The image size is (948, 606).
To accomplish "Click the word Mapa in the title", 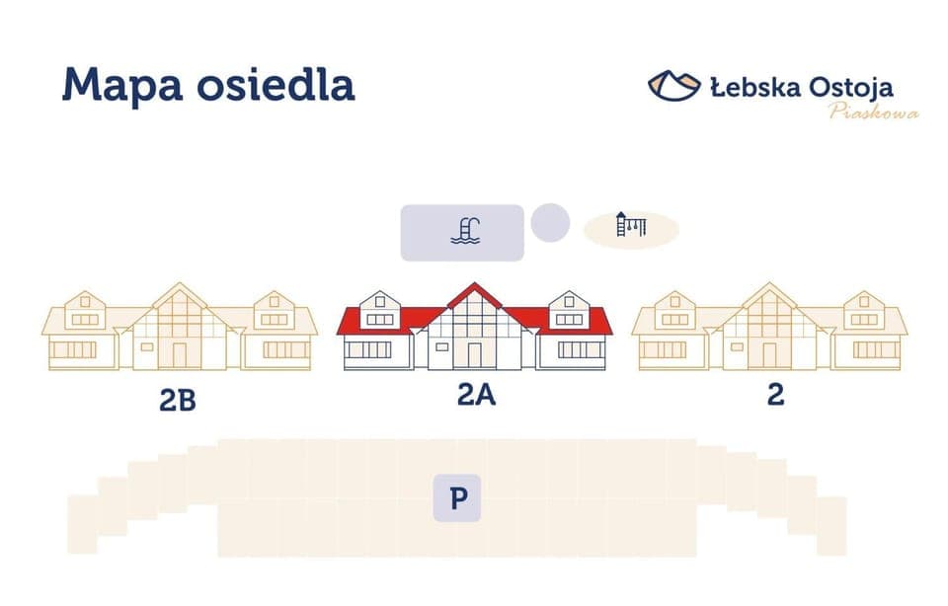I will click(x=119, y=86).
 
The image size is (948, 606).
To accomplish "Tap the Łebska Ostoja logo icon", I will click(x=674, y=85).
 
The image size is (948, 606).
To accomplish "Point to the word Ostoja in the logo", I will click(x=851, y=87).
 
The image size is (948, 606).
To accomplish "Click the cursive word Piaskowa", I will click(x=874, y=112).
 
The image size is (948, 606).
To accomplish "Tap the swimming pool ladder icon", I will click(x=465, y=230).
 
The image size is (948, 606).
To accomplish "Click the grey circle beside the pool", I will click(x=550, y=221).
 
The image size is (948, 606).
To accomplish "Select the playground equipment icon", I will click(x=631, y=225).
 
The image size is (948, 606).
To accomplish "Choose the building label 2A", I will click(x=476, y=395).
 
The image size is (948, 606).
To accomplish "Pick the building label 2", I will click(x=776, y=395).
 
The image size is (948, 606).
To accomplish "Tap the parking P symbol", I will click(x=458, y=498).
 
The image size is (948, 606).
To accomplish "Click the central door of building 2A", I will click(x=475, y=354).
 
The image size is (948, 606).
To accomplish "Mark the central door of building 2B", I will click(x=180, y=354).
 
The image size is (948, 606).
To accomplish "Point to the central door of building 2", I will click(x=769, y=354).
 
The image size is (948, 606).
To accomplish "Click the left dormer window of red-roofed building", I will click(x=381, y=319).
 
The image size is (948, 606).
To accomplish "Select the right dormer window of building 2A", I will click(x=569, y=319).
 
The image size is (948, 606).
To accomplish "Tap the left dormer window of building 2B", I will click(x=86, y=319).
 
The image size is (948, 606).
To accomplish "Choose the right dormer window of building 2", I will click(x=864, y=319).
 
